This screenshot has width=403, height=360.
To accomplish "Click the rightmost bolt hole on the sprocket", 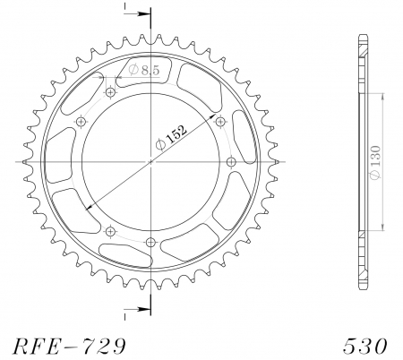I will tap(231, 161).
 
